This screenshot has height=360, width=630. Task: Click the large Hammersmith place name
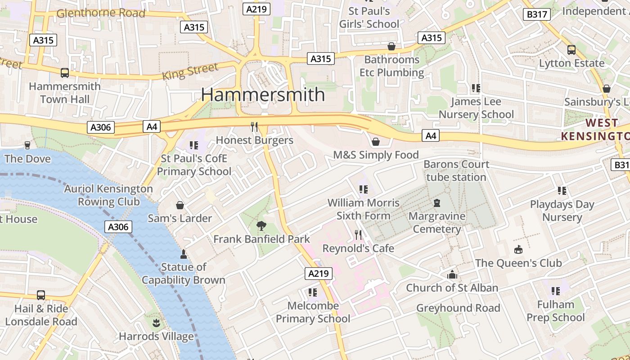[263, 94]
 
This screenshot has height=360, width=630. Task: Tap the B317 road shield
[537, 14]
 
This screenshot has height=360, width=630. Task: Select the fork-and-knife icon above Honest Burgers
[255, 127]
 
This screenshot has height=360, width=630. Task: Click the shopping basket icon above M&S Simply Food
[376, 142]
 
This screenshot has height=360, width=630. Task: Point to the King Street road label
[190, 72]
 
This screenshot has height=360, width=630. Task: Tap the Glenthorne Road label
[101, 13]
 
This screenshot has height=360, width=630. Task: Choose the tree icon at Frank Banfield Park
[261, 226]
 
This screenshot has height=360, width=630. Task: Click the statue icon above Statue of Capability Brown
[183, 254]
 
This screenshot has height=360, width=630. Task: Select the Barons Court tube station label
[456, 171]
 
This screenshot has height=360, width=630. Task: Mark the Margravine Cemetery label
[436, 222]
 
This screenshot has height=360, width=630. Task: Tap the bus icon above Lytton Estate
[571, 50]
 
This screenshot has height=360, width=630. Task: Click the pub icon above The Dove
[27, 145]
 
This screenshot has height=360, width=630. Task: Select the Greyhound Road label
[458, 308]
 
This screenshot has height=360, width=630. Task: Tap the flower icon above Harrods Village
[156, 323]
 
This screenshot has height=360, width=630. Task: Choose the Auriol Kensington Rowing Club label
[108, 195]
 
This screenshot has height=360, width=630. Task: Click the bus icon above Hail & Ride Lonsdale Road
[41, 295]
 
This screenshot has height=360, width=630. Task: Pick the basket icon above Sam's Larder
[180, 206]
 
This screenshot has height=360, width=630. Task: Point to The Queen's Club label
[518, 263]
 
